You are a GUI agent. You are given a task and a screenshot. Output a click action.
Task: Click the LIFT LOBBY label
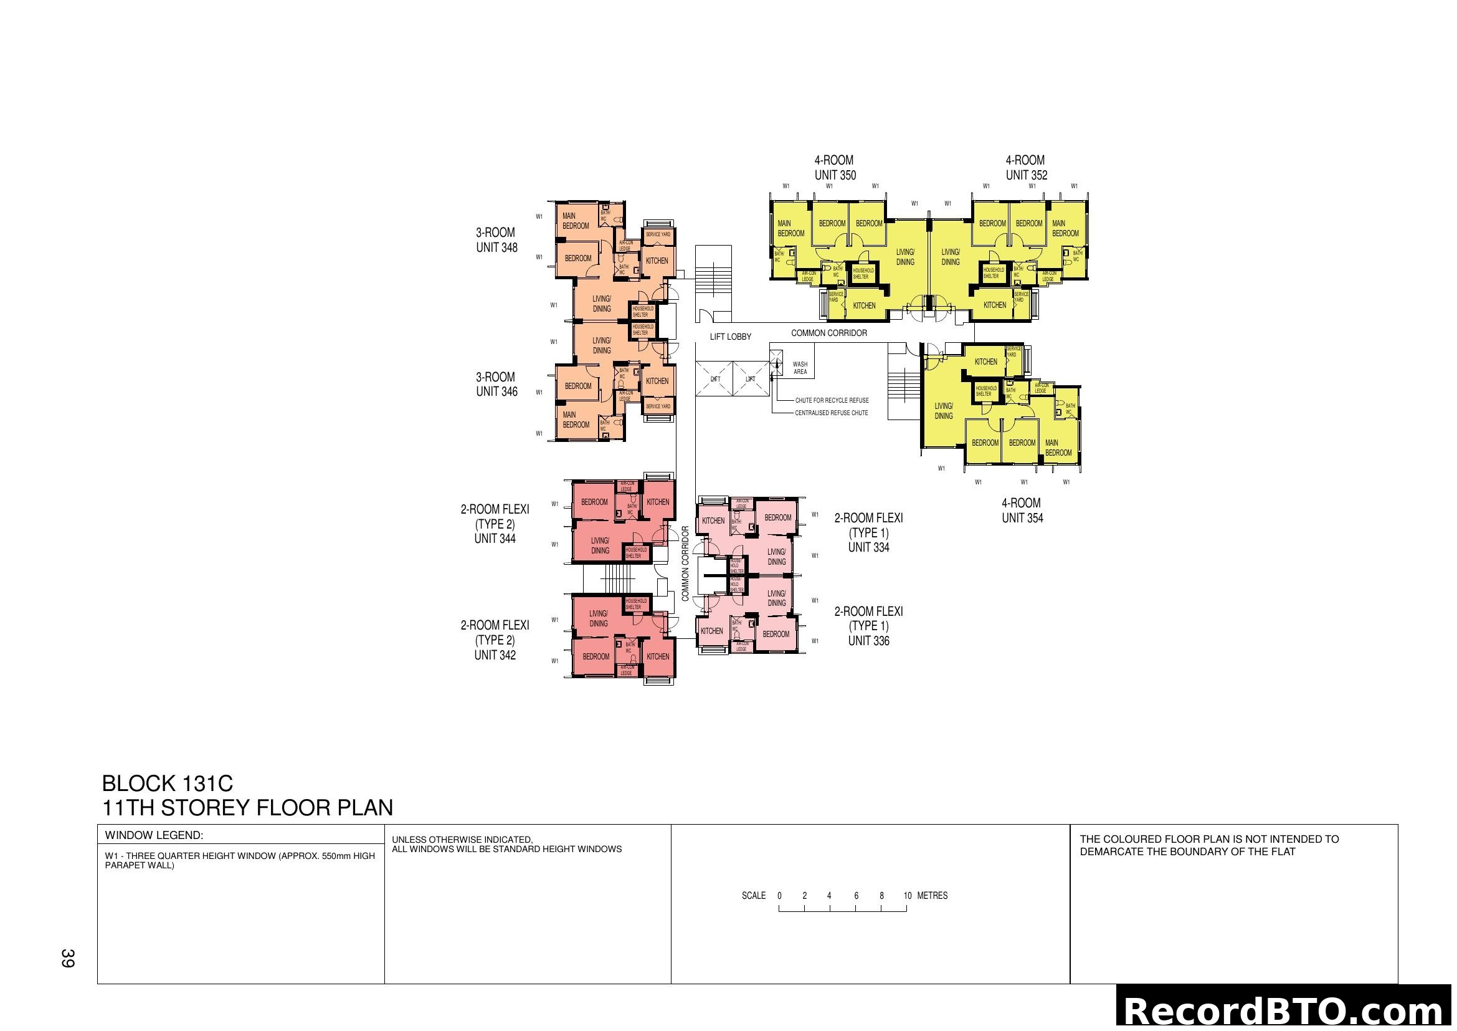pos(730,337)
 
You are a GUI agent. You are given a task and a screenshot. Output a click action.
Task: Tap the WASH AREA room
pos(800,368)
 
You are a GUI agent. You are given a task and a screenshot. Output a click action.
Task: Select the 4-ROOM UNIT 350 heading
pos(835,168)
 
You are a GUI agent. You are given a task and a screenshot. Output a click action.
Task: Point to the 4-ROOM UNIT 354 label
pos(1022,511)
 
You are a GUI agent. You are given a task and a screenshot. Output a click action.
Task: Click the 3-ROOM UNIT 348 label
pos(496,240)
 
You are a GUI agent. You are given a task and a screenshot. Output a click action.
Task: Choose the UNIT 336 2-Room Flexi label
pos(868,626)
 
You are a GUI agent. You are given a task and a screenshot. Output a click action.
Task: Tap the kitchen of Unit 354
pos(985,362)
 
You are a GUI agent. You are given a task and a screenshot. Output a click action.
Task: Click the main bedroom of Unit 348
pos(576,221)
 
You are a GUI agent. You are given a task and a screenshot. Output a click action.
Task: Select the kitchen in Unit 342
pos(657,656)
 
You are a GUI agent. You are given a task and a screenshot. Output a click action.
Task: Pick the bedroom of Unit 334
pos(777,517)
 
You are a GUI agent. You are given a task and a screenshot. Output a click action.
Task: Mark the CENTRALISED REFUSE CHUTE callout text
pos(832,413)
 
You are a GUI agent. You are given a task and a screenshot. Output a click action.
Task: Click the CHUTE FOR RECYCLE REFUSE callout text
pos(832,401)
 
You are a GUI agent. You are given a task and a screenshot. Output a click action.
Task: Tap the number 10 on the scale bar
pos(908,896)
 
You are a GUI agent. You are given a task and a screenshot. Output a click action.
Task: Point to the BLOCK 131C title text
pos(168,784)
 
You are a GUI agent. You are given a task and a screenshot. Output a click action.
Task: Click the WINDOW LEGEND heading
pos(154,835)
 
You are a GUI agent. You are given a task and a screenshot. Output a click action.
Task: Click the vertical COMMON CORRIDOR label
pos(685,563)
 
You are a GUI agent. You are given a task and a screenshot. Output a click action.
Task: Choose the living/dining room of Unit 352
pos(950,257)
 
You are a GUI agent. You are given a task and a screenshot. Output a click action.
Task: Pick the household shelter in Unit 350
pos(863,274)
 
